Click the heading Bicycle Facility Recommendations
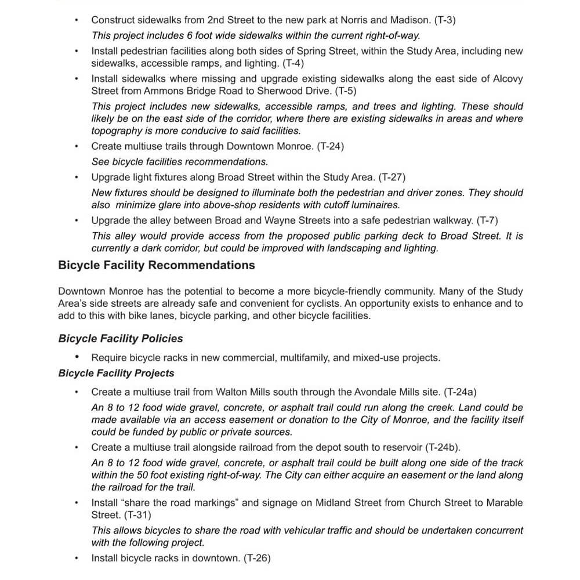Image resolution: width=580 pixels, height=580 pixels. [156, 266]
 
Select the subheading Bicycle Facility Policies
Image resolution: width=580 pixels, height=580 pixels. [120, 339]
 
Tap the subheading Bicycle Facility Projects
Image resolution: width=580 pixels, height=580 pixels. [116, 373]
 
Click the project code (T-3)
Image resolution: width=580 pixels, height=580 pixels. [445, 20]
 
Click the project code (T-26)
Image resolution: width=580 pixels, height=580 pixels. [257, 559]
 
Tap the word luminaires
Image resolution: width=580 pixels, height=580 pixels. [375, 205]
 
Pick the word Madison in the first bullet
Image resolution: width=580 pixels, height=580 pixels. [415, 20]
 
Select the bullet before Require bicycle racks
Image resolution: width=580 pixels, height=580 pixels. [77, 357]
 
